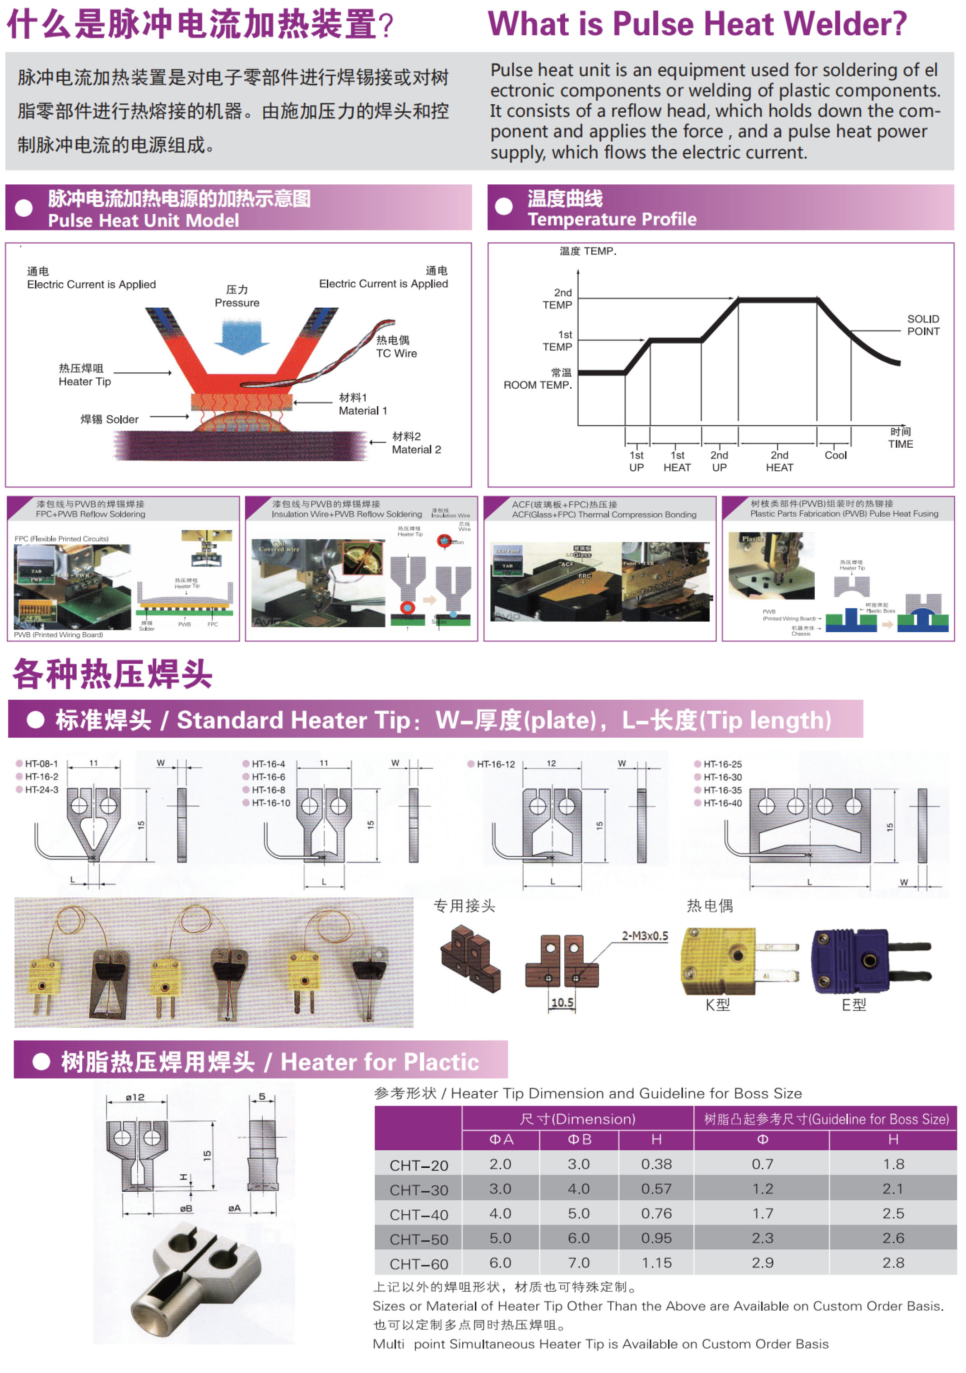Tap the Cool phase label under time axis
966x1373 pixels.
tap(835, 455)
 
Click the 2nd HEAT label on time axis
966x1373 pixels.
tap(779, 461)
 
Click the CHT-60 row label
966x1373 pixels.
tap(418, 1263)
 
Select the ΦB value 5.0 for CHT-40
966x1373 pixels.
tap(578, 1213)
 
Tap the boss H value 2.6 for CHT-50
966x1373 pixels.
tap(892, 1238)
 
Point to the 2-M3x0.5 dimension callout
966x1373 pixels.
tap(645, 936)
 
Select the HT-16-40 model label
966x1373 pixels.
tap(722, 803)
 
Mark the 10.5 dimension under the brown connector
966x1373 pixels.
tap(562, 1002)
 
